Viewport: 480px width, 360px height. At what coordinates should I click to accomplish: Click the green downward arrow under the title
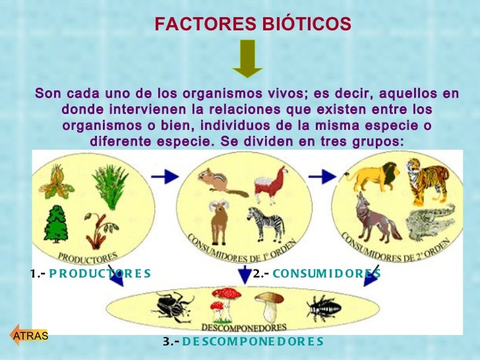pyautogui.click(x=247, y=58)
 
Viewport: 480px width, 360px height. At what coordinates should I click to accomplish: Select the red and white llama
pyautogui.click(x=272, y=185)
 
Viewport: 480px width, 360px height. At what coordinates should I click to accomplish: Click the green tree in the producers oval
pyautogui.click(x=56, y=223)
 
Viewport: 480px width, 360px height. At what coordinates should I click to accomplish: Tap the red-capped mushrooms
pyautogui.click(x=218, y=309)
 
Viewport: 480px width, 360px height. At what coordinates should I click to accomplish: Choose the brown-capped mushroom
pyautogui.click(x=268, y=305)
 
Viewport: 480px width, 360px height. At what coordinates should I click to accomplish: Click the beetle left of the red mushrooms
pyautogui.click(x=174, y=307)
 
